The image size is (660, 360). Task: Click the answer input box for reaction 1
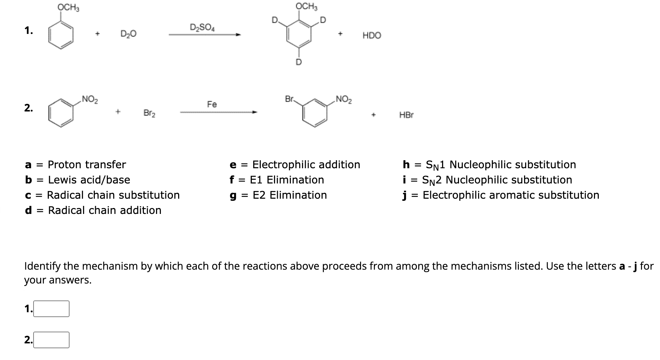tap(51, 309)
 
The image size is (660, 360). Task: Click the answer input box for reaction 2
tap(51, 340)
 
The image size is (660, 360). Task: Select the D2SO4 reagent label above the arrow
tap(202, 27)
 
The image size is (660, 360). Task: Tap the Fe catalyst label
tap(212, 104)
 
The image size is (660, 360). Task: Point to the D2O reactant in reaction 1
tap(128, 34)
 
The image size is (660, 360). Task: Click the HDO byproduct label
tap(372, 36)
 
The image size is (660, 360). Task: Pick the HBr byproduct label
tap(406, 115)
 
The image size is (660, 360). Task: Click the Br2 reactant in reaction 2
tap(149, 113)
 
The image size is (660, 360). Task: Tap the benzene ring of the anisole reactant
tap(61, 35)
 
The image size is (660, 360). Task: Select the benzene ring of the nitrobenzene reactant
tap(61, 112)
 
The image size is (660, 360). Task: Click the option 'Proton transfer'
tap(86, 164)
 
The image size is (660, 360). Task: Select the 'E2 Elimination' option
tap(290, 195)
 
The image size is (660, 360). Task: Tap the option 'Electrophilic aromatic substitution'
tap(511, 195)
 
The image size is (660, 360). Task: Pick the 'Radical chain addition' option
tap(104, 210)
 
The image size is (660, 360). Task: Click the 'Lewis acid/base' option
tap(89, 180)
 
